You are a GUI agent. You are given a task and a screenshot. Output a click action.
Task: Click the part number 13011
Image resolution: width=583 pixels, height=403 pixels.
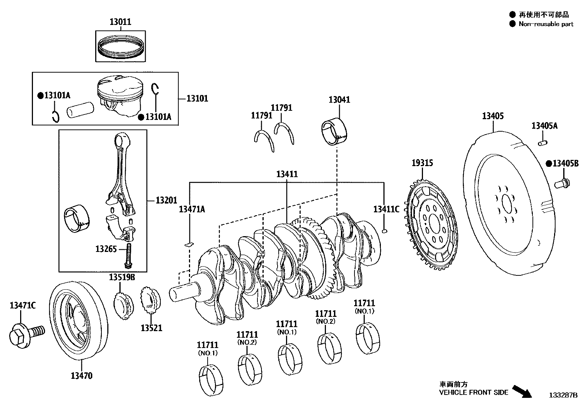(120, 22)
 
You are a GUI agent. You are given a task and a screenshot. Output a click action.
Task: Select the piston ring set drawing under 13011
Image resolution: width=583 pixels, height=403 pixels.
(120, 47)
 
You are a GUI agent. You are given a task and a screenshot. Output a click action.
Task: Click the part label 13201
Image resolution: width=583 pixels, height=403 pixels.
(166, 200)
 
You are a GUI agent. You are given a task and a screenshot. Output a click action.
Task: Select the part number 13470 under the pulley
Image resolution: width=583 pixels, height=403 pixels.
(81, 375)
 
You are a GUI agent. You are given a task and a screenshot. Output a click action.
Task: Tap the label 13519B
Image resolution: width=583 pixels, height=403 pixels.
(122, 277)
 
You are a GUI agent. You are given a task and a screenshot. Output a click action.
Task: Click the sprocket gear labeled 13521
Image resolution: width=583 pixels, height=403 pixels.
(151, 301)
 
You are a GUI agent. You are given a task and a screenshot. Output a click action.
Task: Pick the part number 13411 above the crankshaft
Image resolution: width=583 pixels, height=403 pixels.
(287, 174)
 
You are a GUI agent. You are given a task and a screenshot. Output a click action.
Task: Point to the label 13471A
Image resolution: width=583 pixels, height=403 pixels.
(192, 209)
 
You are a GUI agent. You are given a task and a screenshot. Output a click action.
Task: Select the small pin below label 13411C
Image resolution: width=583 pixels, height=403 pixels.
(384, 231)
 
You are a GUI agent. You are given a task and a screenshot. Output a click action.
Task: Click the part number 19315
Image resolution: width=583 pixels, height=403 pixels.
(422, 163)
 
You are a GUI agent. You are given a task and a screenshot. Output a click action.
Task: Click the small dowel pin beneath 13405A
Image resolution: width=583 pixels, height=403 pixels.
(542, 142)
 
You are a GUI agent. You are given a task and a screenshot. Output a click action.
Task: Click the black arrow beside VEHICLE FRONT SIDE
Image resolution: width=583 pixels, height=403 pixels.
(521, 391)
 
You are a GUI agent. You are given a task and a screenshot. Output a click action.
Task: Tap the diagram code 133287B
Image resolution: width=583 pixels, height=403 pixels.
(562, 395)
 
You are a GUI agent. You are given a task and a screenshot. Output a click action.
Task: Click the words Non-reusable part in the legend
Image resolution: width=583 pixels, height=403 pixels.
(546, 24)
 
